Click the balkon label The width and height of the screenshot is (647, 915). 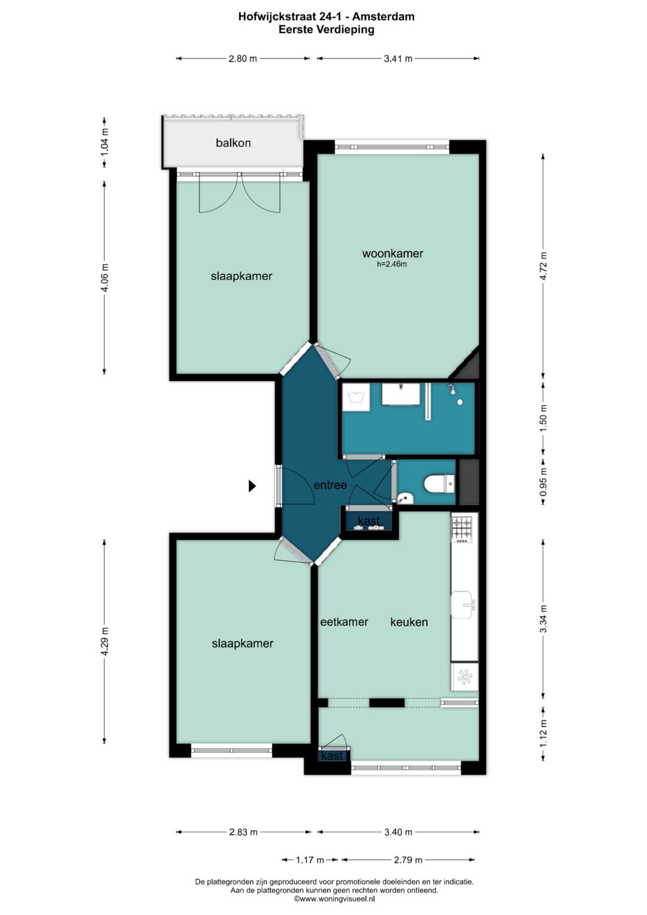click(233, 143)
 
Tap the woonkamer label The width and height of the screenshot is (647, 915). click(392, 253)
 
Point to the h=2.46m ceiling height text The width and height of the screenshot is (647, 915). click(392, 264)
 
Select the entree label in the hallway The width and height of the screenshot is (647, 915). click(330, 485)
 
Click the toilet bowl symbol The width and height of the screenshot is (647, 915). click(439, 485)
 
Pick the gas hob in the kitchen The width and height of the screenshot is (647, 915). click(461, 529)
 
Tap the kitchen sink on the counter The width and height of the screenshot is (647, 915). click(462, 604)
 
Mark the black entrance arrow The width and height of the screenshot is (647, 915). click(252, 486)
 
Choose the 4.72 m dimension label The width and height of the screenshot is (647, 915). click(543, 266)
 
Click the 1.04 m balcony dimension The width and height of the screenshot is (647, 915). click(105, 142)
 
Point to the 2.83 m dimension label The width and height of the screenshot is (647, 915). click(243, 832)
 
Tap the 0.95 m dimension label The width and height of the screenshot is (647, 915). click(543, 481)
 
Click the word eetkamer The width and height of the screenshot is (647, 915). click(344, 622)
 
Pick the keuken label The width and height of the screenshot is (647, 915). click(409, 622)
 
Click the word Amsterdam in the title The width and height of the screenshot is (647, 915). click(383, 17)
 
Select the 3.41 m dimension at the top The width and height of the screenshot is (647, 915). click(398, 58)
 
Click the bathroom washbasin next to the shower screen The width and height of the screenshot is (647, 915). click(401, 394)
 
